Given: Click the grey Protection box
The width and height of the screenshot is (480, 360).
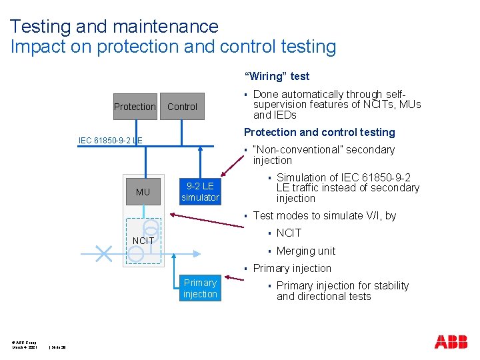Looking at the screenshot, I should [x=135, y=107].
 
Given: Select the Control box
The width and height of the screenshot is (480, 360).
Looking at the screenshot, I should [x=182, y=107].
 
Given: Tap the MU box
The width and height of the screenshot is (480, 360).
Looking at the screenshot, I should [x=143, y=192].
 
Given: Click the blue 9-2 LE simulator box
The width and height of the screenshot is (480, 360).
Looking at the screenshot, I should [x=200, y=191].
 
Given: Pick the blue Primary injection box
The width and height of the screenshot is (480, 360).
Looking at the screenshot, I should [x=200, y=288].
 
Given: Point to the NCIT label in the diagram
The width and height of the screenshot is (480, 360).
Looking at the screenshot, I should [x=143, y=240].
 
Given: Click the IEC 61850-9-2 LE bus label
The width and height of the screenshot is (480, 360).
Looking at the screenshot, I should [x=110, y=140].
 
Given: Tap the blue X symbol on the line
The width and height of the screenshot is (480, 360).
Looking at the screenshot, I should [x=103, y=253].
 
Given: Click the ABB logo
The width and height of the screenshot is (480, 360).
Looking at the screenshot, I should [x=451, y=342].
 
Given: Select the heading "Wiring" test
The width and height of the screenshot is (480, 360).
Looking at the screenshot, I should [x=277, y=76].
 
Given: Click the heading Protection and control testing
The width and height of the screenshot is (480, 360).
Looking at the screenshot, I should [x=319, y=132].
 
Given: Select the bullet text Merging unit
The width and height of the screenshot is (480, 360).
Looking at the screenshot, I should [x=306, y=251].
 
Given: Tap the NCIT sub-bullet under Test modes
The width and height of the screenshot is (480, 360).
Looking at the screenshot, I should [x=289, y=233].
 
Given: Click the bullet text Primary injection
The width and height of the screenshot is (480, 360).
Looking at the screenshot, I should [x=292, y=268].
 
